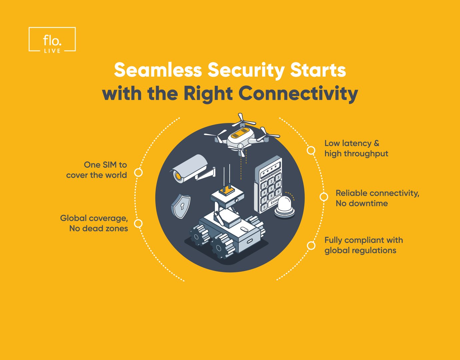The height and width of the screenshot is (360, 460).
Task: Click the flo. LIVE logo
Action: pyautogui.click(x=52, y=40)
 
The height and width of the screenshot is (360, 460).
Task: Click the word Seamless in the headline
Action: pyautogui.click(x=158, y=70)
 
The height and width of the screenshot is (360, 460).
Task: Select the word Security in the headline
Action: pyautogui.click(x=246, y=70)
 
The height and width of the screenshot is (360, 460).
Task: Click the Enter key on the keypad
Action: pyautogui.click(x=274, y=202)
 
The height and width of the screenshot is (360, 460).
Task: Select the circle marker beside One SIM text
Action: pyautogui.click(x=138, y=173)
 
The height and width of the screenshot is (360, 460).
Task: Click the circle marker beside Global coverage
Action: pyautogui.click(x=138, y=223)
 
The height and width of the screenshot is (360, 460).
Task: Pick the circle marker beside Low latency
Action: pyautogui.click(x=311, y=150)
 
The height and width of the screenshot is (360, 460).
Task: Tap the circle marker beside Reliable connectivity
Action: pyautogui.click(x=324, y=197)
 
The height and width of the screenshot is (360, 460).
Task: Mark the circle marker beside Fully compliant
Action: pyautogui.click(x=311, y=246)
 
